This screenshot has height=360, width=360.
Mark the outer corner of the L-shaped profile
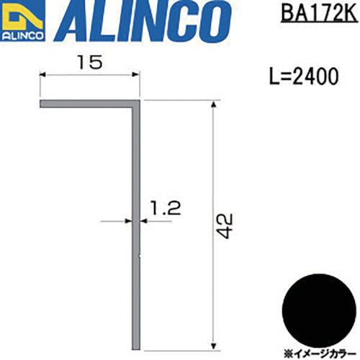tap(137, 103)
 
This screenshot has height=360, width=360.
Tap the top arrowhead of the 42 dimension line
tap(213, 106)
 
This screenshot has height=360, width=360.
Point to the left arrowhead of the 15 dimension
tap(42, 74)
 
